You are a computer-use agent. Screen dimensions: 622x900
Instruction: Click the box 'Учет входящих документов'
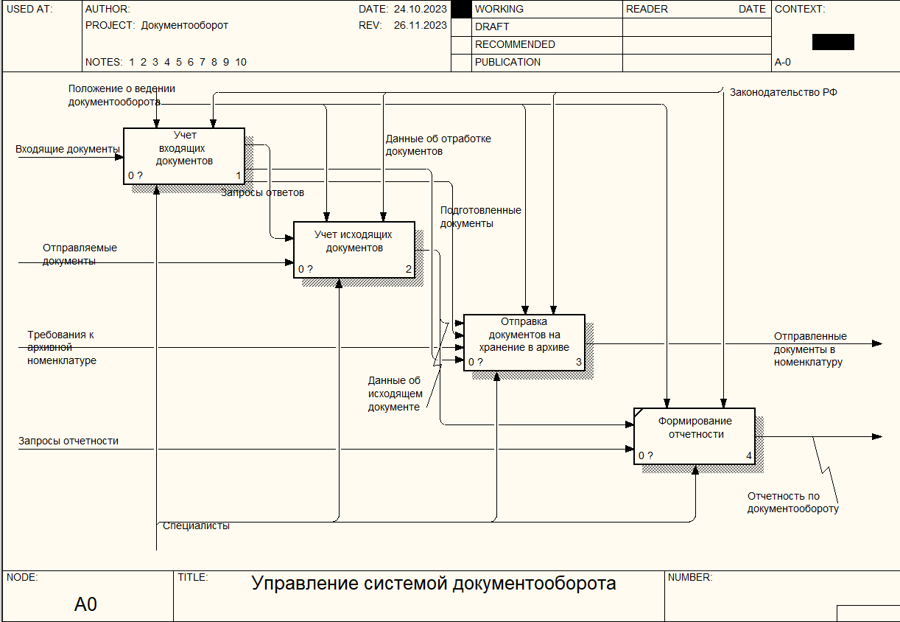183,155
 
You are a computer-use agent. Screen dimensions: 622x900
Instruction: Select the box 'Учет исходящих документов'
354,249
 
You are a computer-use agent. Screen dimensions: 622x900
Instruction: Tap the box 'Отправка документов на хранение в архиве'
524,342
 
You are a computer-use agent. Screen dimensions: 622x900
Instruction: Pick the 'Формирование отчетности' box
695,436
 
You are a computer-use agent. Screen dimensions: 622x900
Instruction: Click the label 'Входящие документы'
68,150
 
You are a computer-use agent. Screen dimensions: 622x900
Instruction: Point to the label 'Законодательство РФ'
783,93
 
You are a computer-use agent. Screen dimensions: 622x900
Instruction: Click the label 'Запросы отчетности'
68,441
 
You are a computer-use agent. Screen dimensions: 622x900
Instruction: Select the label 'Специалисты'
196,525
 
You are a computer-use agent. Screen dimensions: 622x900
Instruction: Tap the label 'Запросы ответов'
263,192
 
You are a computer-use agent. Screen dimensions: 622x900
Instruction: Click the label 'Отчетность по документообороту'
792,503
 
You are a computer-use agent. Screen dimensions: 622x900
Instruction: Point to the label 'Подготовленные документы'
480,217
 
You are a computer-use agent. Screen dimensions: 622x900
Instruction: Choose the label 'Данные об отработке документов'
438,144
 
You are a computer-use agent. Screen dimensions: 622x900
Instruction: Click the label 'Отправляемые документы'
80,254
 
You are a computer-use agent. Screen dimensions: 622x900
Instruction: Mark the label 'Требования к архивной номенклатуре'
62,347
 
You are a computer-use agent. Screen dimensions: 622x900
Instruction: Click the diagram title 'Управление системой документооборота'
434,584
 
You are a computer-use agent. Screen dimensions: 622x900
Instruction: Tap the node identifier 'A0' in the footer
85,605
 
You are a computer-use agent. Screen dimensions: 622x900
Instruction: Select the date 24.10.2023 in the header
421,10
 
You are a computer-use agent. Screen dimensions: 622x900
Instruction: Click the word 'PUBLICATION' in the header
507,63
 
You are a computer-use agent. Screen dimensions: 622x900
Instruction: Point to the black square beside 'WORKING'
461,9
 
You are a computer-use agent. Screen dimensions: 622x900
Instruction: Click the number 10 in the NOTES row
241,62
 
